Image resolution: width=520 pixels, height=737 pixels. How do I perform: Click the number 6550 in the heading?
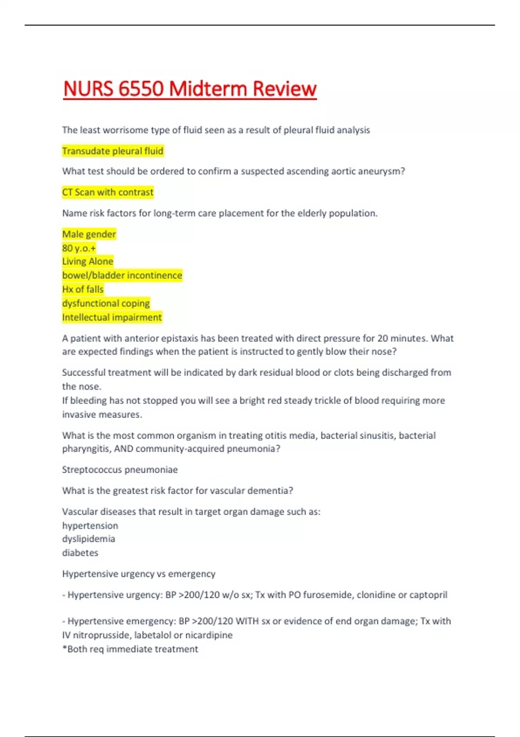141,89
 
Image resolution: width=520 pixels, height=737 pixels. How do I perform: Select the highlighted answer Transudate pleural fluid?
113,151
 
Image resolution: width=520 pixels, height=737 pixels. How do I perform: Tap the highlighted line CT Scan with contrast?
107,192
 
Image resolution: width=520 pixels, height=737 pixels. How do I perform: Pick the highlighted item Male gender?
89,234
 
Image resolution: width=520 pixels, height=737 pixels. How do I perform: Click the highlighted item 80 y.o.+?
79,248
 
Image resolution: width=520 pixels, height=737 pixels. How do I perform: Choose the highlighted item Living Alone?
88,261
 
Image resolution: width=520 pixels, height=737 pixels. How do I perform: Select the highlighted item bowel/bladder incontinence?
122,275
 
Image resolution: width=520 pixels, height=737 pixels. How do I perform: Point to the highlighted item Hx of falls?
83,289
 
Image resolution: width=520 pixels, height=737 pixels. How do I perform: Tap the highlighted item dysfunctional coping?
106,303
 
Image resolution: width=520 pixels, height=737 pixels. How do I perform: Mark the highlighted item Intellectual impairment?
112,317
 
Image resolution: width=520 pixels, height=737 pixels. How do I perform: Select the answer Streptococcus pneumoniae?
120,470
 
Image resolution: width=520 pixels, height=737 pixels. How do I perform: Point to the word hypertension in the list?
90,525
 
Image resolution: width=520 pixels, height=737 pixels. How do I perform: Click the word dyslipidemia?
88,539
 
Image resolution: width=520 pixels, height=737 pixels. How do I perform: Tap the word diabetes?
80,553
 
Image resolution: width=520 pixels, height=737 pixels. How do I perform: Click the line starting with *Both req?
130,649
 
